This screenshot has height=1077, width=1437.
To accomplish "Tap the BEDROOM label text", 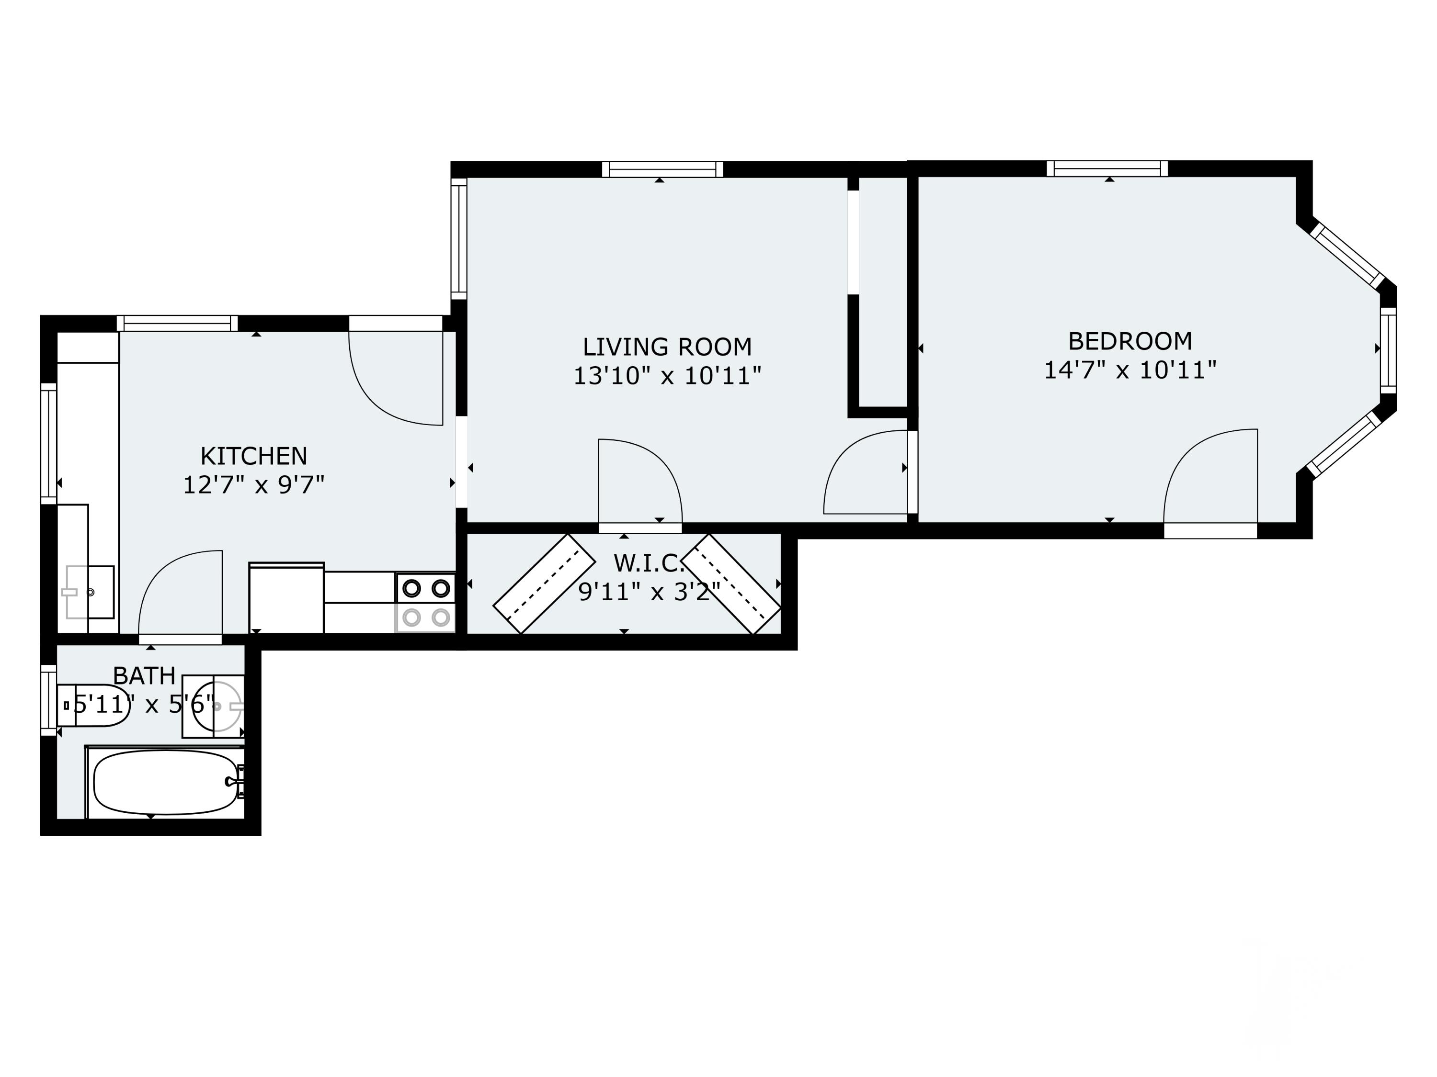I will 1129,341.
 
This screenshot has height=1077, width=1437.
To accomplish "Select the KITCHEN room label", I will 253,456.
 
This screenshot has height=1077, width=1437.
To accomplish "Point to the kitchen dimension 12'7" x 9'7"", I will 253,485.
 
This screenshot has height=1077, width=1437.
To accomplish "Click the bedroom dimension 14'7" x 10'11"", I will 1129,370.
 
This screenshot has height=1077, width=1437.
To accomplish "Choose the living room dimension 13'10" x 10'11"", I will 667,376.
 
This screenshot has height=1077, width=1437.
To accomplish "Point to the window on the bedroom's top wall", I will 1107,169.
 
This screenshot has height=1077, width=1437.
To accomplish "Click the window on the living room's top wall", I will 662,169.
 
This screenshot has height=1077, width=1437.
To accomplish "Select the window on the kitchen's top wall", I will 177,323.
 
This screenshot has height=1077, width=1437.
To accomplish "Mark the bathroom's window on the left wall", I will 49,700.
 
